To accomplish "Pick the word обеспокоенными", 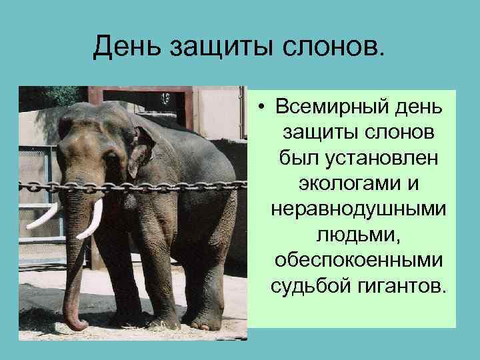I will click(359, 261).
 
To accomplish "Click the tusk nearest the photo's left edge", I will click(42, 218).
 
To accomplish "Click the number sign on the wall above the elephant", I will click(165, 98).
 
